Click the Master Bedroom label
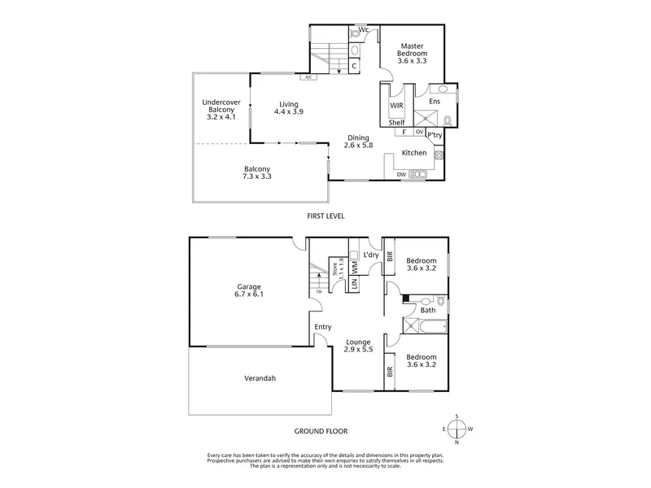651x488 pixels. tap(412, 50)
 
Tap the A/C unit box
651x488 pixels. tap(308, 77)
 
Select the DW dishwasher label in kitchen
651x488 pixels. tap(401, 175)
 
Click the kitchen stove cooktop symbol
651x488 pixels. tap(439, 155)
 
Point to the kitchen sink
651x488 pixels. tap(417, 174)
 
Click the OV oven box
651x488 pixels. tap(419, 132)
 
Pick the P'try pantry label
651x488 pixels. tap(435, 135)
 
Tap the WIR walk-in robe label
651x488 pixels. tap(396, 106)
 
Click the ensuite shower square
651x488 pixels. tap(426, 119)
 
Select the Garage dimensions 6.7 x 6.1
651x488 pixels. tap(249, 294)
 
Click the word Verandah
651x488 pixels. tap(260, 378)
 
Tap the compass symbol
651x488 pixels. tap(457, 429)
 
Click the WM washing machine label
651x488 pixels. tap(355, 268)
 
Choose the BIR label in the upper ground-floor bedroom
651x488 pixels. tap(390, 256)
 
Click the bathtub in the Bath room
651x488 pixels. tap(433, 326)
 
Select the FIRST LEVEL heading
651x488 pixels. tap(326, 216)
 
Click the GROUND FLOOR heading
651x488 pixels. tap(321, 432)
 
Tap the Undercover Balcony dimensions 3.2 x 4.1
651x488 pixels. tap(221, 117)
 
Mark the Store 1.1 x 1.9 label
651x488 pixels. tap(338, 268)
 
